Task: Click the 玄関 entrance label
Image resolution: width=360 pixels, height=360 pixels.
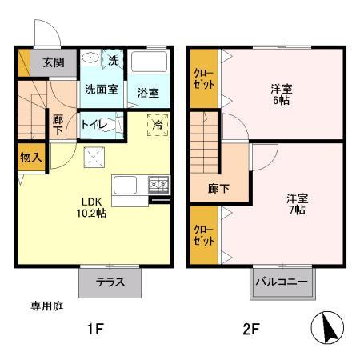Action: coord(54,62)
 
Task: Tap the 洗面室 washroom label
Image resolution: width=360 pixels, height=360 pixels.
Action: coord(102,89)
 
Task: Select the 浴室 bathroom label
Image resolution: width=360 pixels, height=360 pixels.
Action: coord(148,93)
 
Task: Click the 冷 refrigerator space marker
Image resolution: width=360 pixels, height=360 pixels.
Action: coord(158,125)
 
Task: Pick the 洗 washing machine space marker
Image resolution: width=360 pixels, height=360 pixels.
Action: coord(113,60)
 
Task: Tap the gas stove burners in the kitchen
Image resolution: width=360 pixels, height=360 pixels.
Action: coord(159,184)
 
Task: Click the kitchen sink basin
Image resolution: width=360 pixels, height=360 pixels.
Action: coord(125,185)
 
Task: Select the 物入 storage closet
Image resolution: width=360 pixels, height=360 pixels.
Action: coord(31,158)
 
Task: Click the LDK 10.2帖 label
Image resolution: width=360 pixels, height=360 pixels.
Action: coord(91,207)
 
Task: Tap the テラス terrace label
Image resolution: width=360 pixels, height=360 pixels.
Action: coord(110,282)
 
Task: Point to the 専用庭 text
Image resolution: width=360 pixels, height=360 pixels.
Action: coord(47,306)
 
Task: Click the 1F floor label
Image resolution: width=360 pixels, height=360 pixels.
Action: coord(95,329)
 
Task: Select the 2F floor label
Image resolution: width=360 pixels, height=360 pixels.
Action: coord(251,329)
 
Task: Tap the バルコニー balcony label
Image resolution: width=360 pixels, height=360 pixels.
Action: coord(282,282)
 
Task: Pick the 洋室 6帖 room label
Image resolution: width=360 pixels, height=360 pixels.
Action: coord(282,94)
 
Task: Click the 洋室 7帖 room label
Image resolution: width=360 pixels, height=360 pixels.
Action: coord(297,204)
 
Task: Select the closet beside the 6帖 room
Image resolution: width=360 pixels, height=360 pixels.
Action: coord(204,78)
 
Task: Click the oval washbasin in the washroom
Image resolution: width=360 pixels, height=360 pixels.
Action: coord(90,58)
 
